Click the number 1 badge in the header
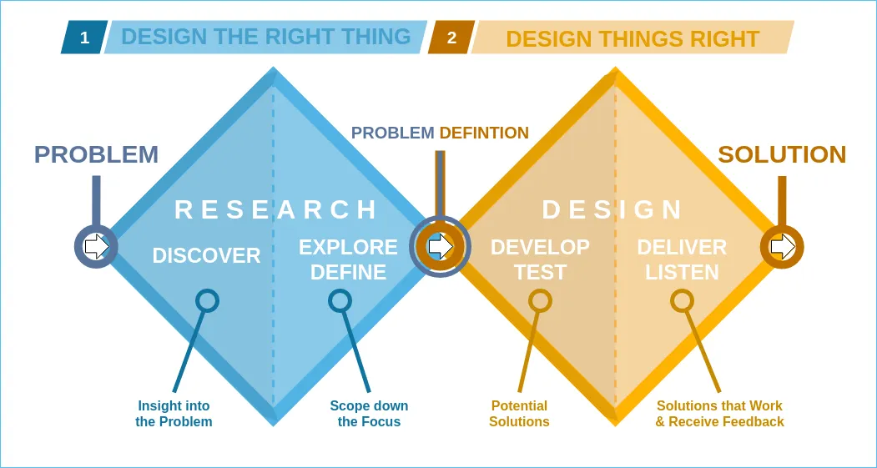coord(84,38)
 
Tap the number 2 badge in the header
coord(451,38)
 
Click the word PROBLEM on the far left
coord(96,154)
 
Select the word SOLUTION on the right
coord(782,154)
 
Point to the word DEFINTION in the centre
coord(484,133)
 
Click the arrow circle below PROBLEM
coord(97,246)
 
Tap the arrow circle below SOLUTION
coord(782,246)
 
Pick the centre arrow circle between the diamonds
coord(440,246)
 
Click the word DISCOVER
coord(206,256)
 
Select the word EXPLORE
coord(348,247)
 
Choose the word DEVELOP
coord(540,247)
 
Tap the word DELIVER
coord(682,247)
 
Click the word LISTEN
coord(682,273)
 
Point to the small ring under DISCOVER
coord(207,300)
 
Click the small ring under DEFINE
coord(340,300)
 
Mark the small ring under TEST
coord(541,300)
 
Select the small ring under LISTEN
coord(682,300)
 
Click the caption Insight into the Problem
coord(174,414)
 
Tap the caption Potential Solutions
coord(519,414)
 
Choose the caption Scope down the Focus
coord(369,414)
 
